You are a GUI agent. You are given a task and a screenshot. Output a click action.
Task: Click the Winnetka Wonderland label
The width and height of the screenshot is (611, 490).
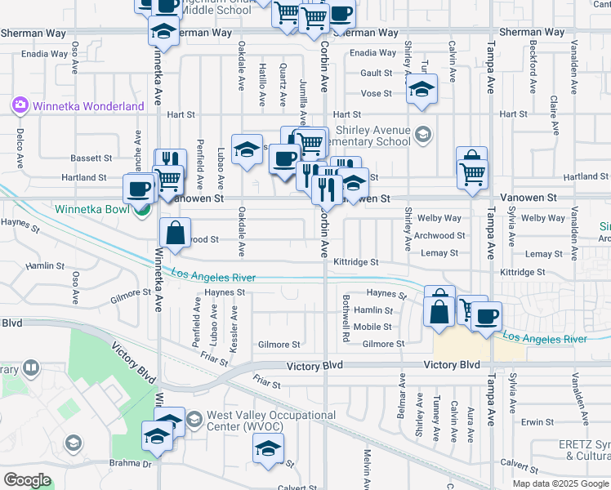78,105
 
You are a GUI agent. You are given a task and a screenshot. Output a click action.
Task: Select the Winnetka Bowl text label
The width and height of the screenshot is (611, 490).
91,208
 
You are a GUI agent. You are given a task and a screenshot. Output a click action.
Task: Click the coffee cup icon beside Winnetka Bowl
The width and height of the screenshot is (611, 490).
138,189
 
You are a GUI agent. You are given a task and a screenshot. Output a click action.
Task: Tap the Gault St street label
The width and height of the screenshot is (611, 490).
377,73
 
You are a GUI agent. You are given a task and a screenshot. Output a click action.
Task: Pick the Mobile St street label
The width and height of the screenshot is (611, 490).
377,327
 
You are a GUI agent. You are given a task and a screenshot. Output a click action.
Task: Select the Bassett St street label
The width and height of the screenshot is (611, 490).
91,158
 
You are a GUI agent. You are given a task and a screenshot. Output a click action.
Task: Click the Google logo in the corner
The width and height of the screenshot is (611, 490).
27,480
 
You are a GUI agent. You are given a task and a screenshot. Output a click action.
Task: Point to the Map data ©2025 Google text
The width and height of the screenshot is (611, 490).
560,483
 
